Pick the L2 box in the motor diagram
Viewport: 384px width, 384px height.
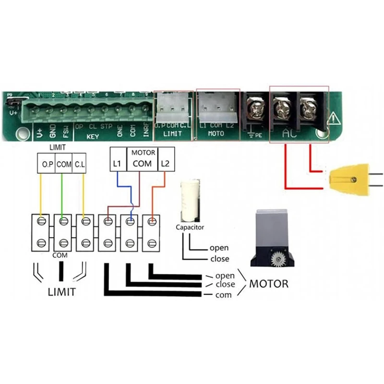click(166, 163)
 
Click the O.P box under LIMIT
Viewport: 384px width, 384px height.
click(47, 163)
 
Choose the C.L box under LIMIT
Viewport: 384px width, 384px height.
click(80, 163)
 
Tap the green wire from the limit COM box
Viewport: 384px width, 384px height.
click(62, 192)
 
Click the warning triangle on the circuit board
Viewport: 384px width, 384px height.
click(333, 119)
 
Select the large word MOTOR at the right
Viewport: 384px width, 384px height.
click(268, 284)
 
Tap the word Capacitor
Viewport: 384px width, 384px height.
click(190, 227)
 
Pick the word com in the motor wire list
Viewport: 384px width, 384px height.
click(224, 294)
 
